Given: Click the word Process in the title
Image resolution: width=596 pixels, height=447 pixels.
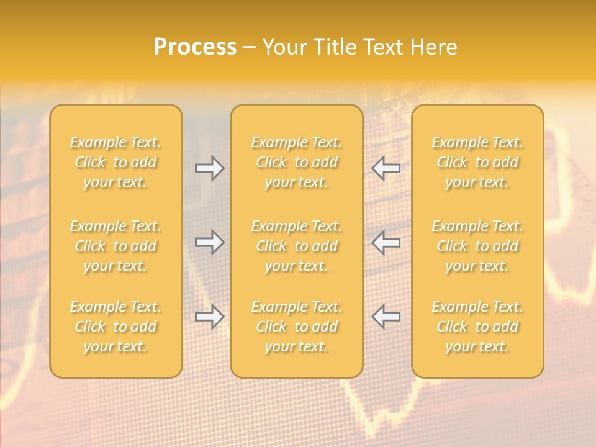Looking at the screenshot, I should coord(195,47).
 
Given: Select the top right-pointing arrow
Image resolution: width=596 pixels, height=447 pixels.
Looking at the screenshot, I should coord(209,168).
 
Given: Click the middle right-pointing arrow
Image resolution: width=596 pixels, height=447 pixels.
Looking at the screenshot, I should coord(209,242).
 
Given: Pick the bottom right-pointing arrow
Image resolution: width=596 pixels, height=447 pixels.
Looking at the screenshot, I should coord(209,317).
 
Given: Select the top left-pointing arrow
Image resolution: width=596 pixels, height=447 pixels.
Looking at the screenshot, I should coord(386,168).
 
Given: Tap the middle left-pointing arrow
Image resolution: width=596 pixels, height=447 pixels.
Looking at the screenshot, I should coord(386,242).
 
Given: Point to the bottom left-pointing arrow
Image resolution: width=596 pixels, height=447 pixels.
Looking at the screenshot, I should coord(386,317).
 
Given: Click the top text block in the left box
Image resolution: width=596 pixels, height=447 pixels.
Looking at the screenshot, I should coord(115,162).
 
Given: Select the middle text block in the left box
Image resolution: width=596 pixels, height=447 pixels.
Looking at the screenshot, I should coord(115,246).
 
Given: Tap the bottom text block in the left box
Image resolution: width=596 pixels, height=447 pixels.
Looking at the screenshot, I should coord(115,327).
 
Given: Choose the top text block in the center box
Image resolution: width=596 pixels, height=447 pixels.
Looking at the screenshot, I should coord(296,162).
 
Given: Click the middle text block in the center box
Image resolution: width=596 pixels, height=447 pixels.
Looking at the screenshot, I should coord(296,246).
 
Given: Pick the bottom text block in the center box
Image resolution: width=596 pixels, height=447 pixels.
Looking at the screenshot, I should coord(296,327).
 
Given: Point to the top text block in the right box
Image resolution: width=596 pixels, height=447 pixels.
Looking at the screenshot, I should coord(477,162).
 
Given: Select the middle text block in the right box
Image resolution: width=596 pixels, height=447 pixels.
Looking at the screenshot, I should coord(477,246).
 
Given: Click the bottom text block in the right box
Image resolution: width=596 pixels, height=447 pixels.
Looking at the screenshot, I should coord(477,327).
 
